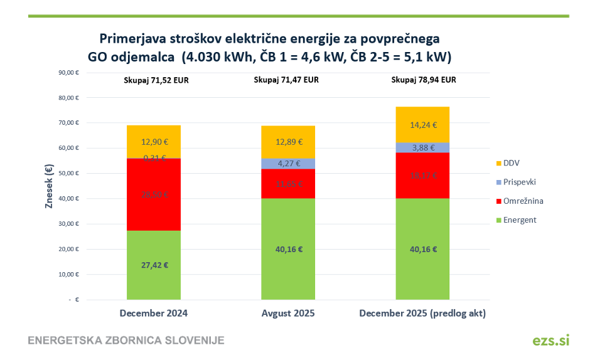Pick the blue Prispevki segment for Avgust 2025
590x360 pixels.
point(288,164)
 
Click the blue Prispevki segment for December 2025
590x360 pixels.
point(422,147)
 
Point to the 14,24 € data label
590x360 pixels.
point(422,125)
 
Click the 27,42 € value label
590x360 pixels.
point(154,265)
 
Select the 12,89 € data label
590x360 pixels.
point(288,142)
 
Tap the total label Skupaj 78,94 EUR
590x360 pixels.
point(423,80)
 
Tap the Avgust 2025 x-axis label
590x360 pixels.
point(288,313)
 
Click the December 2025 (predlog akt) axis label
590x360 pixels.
point(422,313)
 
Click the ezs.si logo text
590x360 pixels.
point(550,340)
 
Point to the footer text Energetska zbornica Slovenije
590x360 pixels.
point(126,341)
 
